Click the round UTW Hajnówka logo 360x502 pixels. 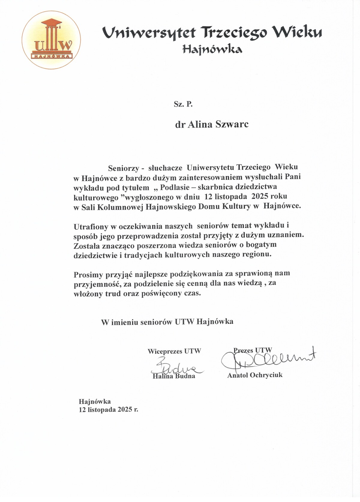[51, 40]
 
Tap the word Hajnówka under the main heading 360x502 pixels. [212, 49]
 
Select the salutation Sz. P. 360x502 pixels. [183, 104]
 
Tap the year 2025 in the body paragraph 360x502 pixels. [260, 196]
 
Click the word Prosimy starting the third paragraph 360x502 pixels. [88, 274]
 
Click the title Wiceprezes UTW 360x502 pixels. [174, 351]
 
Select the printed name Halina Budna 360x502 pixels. [174, 376]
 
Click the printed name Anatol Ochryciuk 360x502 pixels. [255, 375]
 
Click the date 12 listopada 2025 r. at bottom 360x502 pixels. [109, 409]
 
